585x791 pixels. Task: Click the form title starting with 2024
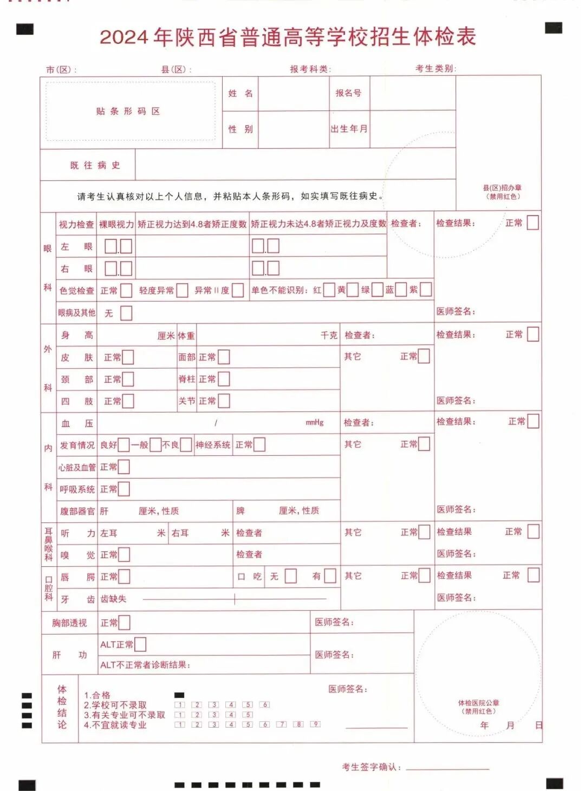tap(288, 37)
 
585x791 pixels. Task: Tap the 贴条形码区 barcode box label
tap(128, 112)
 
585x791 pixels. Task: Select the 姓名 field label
tap(240, 94)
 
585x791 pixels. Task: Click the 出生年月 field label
tap(349, 129)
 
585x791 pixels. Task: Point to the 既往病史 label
tap(95, 166)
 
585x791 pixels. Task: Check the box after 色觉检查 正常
tap(126, 290)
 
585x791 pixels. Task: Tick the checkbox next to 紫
tap(426, 290)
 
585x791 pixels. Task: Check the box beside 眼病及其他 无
tap(126, 313)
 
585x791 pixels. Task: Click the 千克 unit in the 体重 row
tap(329, 336)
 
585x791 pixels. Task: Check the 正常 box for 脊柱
tap(223, 379)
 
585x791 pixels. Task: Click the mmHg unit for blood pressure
tap(314, 422)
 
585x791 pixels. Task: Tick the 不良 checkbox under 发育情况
tap(186, 444)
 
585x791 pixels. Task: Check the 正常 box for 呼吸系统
tap(124, 489)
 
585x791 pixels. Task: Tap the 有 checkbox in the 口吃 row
tap(330, 576)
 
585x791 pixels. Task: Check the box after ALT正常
tap(140, 644)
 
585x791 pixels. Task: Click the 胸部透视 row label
tap(69, 623)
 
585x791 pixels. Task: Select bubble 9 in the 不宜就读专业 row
tap(315, 724)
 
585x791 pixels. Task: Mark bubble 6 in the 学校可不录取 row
tap(265, 705)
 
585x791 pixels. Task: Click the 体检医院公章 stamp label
tap(478, 703)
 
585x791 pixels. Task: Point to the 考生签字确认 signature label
tap(371, 767)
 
